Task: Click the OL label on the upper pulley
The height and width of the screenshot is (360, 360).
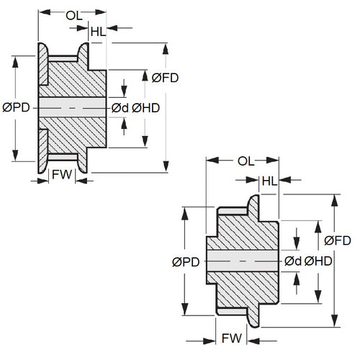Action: (73, 14)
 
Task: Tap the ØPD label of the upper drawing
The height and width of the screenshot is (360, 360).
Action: (16, 107)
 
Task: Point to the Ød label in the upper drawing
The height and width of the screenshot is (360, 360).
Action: (119, 107)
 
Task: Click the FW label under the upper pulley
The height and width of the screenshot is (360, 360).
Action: (62, 174)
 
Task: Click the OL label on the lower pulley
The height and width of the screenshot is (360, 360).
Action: (244, 161)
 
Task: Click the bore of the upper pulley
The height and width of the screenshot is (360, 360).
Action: (72, 107)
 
